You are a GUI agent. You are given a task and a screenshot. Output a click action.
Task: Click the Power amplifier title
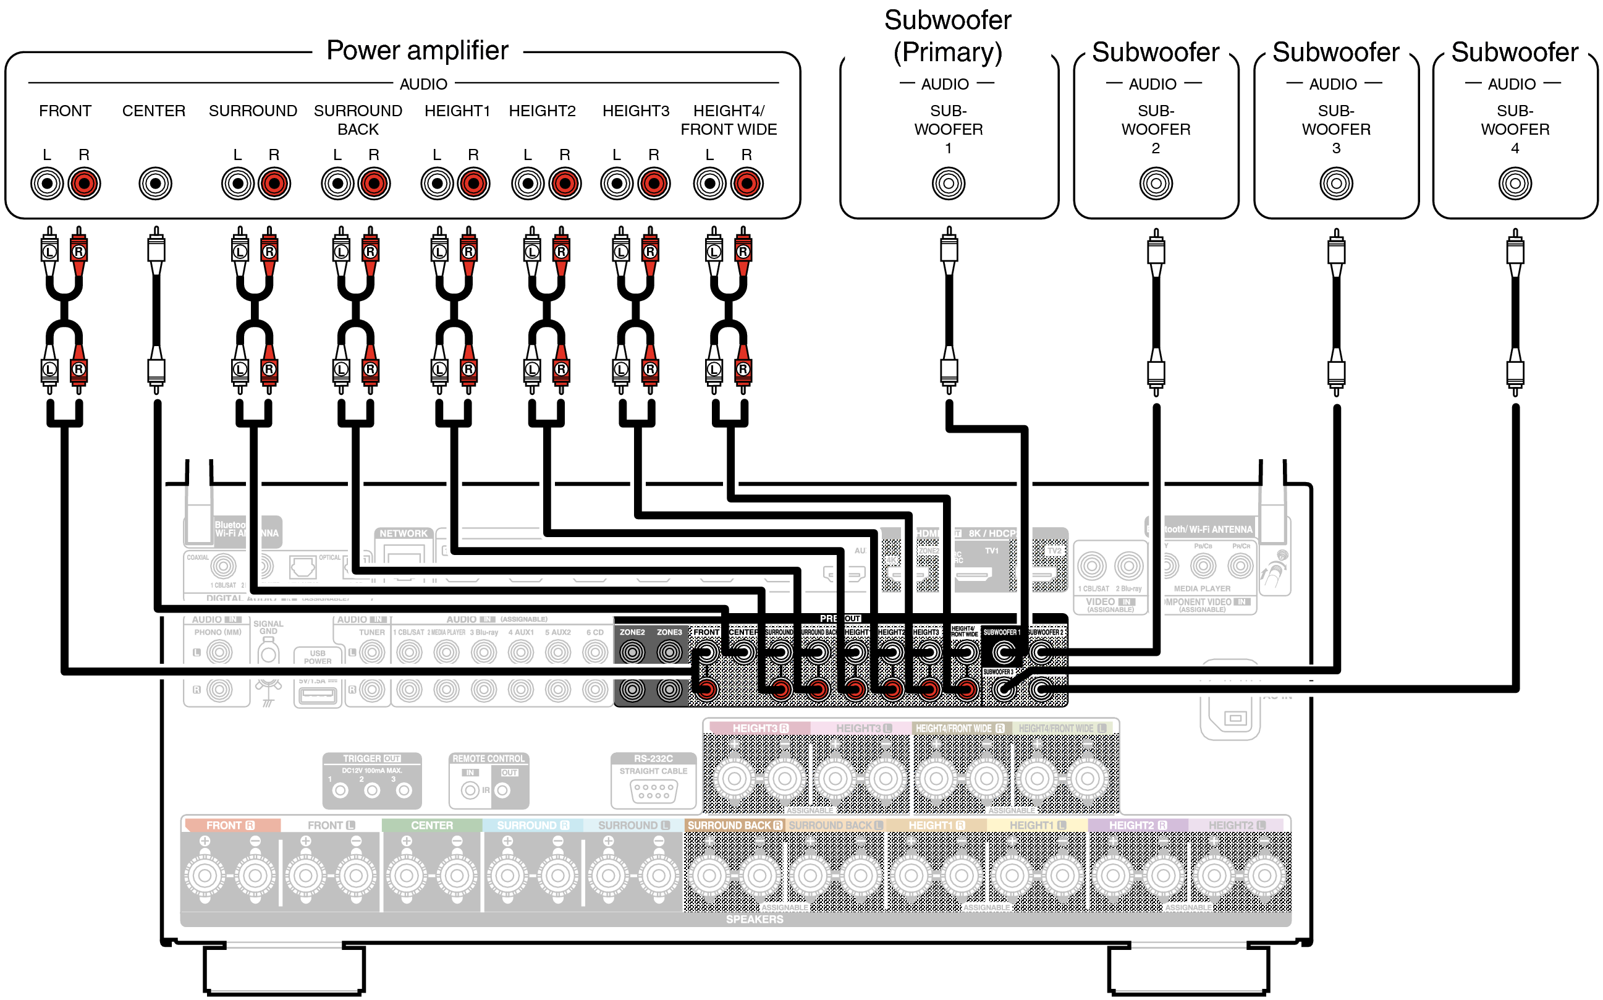[417, 51]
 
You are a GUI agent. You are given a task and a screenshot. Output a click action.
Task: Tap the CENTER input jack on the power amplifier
[155, 183]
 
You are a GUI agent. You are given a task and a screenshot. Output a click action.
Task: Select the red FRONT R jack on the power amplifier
[84, 183]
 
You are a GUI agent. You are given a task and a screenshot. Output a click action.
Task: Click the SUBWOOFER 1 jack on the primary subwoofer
[949, 183]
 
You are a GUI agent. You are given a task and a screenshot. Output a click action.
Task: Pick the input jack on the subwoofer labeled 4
[1515, 183]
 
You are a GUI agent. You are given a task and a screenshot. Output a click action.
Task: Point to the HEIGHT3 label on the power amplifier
[635, 111]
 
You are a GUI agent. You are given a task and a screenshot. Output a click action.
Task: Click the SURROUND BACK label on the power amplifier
[358, 120]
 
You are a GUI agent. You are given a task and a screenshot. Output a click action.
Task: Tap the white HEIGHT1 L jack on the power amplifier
[437, 183]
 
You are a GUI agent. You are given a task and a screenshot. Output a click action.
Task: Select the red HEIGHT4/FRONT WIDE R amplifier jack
[747, 183]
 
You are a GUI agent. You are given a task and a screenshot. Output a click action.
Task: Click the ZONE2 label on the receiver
[632, 632]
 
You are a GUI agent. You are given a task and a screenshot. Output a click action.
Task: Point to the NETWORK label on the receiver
[404, 533]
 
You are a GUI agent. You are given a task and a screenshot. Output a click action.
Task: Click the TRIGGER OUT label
[371, 758]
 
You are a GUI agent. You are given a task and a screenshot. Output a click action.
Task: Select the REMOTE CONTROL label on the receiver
[489, 758]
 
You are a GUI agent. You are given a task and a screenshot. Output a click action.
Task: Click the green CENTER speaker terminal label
[432, 825]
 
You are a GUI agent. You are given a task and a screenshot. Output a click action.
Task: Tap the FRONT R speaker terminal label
[230, 825]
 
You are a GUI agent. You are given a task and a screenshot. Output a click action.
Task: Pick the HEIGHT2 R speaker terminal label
[1138, 825]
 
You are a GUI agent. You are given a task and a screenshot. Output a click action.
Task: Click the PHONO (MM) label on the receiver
[218, 632]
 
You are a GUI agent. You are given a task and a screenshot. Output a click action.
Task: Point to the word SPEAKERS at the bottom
[755, 919]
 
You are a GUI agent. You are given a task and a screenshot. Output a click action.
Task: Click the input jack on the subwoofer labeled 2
[1156, 183]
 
